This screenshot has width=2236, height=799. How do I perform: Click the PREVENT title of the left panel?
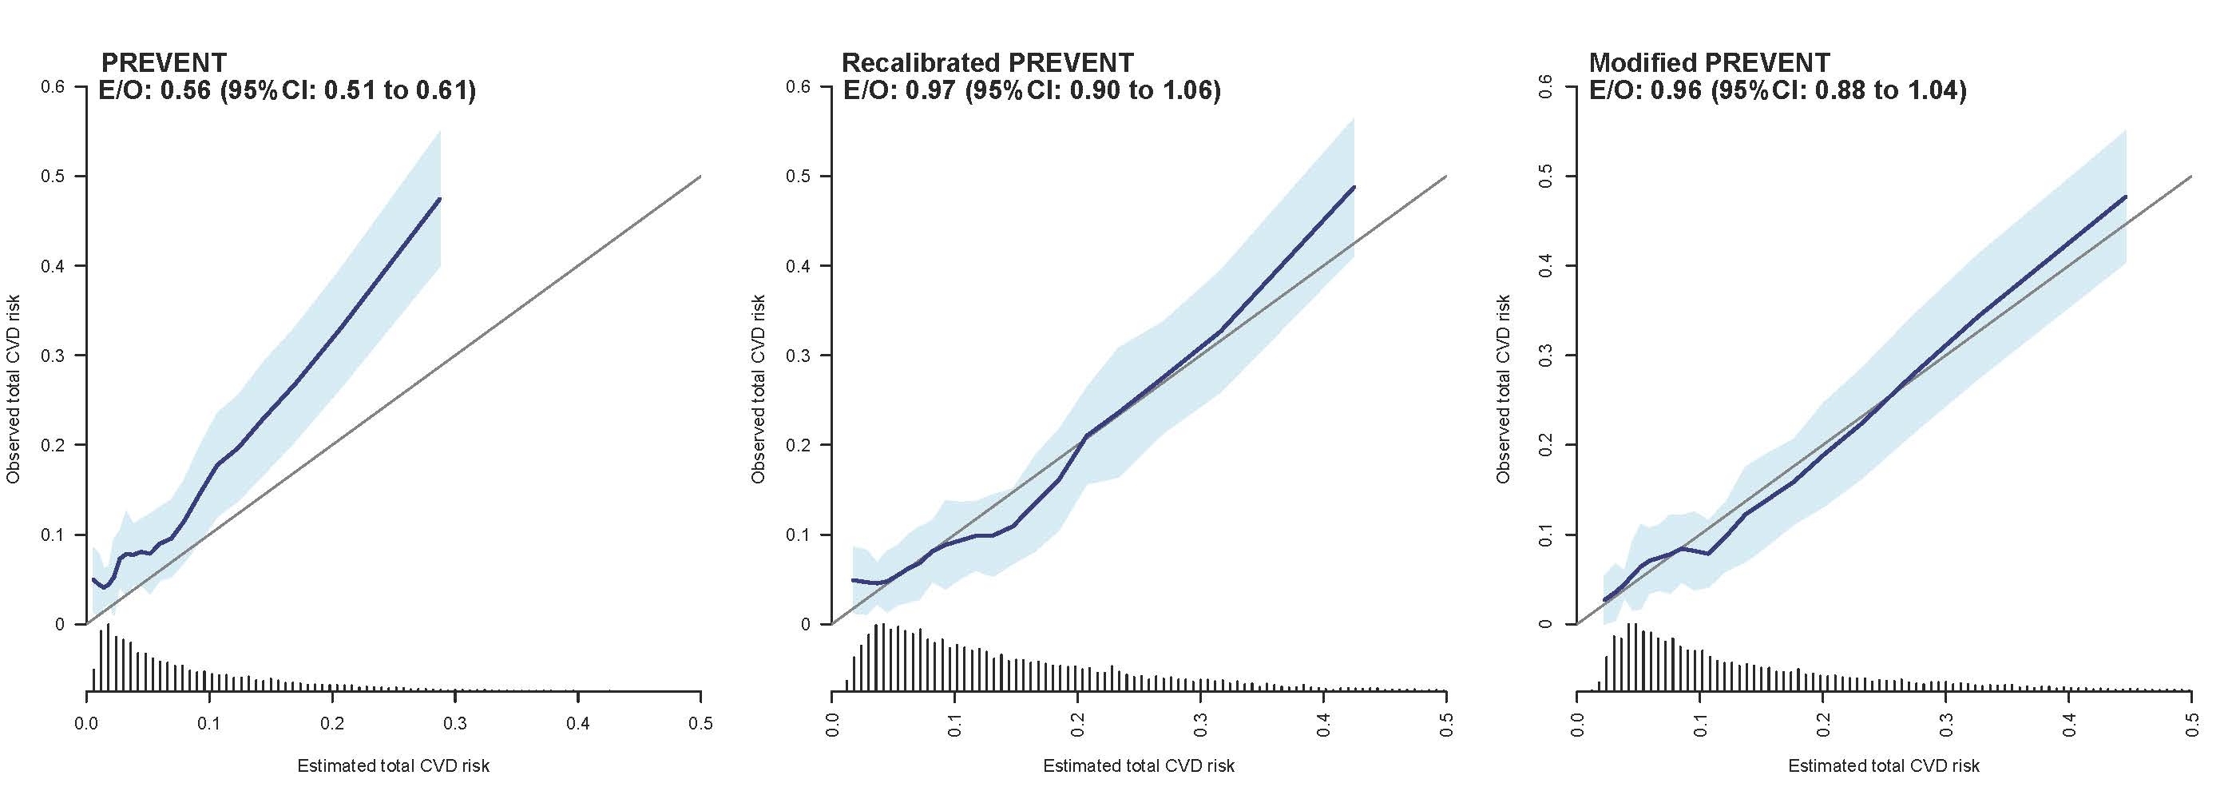point(164,62)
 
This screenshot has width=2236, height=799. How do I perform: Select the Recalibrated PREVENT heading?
point(987,62)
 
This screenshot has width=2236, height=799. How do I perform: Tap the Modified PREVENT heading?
point(1709,62)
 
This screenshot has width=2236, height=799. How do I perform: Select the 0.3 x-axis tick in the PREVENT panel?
point(455,723)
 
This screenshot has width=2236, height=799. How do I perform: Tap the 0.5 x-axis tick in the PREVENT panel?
point(700,723)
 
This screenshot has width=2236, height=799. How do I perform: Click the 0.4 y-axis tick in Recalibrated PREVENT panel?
point(798,266)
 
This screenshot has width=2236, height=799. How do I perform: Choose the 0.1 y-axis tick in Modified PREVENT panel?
point(1545,534)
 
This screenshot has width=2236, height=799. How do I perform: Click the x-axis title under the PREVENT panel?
point(393,766)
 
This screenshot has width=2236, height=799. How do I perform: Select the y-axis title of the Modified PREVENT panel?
point(1505,389)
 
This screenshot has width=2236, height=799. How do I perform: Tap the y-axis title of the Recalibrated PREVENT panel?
point(759,389)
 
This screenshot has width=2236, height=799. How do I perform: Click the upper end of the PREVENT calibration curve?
point(440,199)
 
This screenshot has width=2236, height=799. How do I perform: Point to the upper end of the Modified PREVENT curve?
point(2124,197)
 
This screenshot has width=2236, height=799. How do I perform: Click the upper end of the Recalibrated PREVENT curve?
point(1354,187)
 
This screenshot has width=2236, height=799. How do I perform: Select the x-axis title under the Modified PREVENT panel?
point(1884,766)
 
